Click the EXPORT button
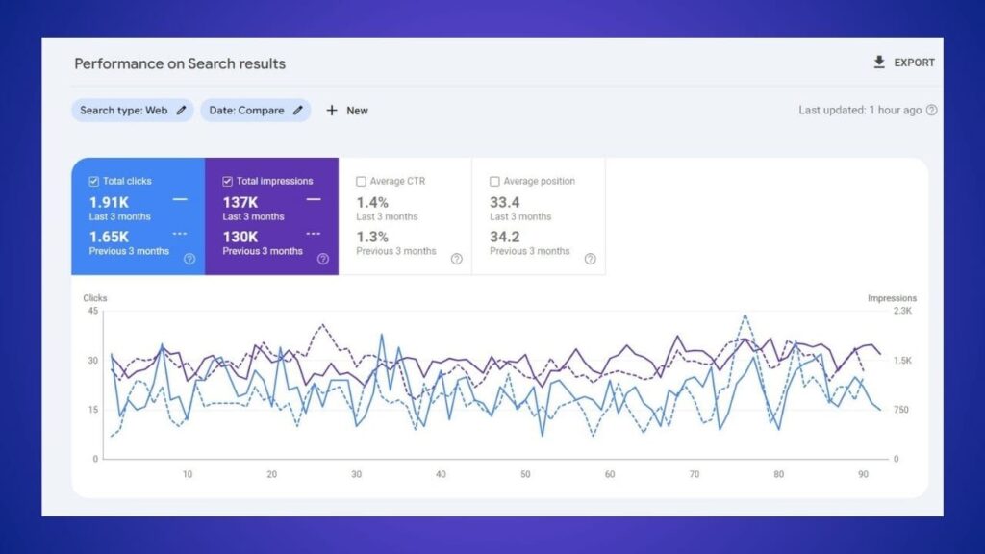pyautogui.click(x=903, y=63)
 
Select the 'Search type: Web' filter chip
pyautogui.click(x=132, y=111)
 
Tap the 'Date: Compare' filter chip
pyautogui.click(x=255, y=111)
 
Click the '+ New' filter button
pyautogui.click(x=347, y=111)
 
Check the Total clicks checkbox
pyautogui.click(x=93, y=181)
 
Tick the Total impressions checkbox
pyautogui.click(x=227, y=181)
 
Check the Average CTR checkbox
pyautogui.click(x=361, y=181)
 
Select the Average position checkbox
pyautogui.click(x=494, y=181)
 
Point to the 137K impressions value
pyautogui.click(x=240, y=202)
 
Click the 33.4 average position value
pyautogui.click(x=505, y=202)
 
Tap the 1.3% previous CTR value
pyautogui.click(x=372, y=237)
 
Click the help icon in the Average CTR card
pyautogui.click(x=456, y=259)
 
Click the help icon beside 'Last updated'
pyautogui.click(x=931, y=111)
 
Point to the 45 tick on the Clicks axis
pyautogui.click(x=92, y=311)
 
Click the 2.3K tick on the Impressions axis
pyautogui.click(x=902, y=311)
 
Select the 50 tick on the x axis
pyautogui.click(x=525, y=474)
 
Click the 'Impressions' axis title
pyautogui.click(x=892, y=298)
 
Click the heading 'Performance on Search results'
pyautogui.click(x=180, y=63)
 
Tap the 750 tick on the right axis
pyautogui.click(x=901, y=410)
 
